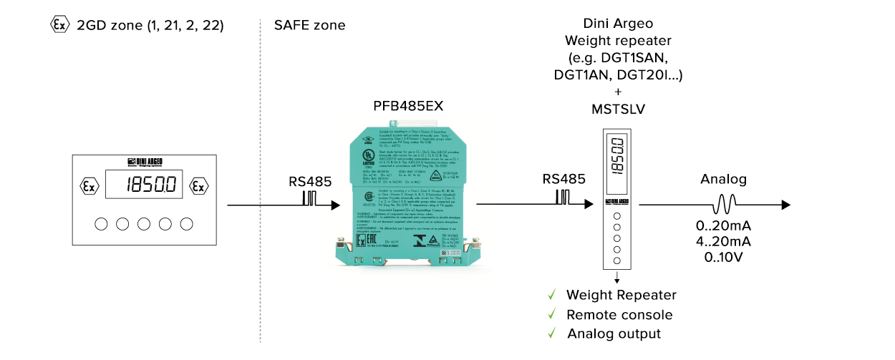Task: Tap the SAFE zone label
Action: coord(309,26)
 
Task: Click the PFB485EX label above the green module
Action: coord(408,106)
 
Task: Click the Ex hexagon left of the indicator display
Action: coord(89,186)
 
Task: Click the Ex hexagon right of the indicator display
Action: coord(198,186)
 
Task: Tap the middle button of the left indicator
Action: coord(144,224)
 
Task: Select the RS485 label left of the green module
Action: coord(311,182)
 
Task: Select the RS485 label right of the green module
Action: coord(564,179)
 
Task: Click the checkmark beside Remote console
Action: coord(551,315)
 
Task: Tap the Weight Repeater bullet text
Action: coord(621,295)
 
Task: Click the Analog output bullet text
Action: coord(614,334)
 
